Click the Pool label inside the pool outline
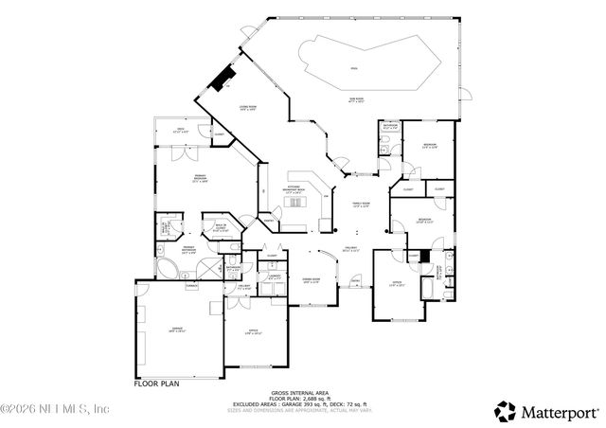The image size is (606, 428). pyautogui.click(x=354, y=68)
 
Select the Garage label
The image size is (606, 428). pyautogui.click(x=176, y=330)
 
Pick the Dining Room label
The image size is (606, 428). pyautogui.click(x=311, y=280)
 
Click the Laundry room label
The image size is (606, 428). pyautogui.click(x=274, y=277)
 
